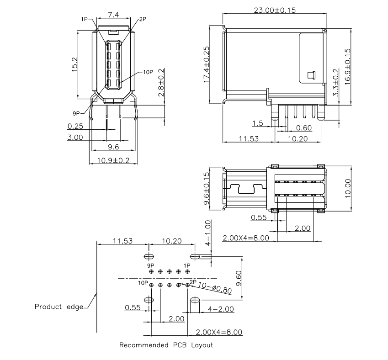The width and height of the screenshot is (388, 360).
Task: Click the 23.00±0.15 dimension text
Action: click(274, 10)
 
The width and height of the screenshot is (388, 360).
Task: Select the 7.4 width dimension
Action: click(113, 15)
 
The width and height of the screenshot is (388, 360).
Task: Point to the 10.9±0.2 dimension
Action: click(113, 160)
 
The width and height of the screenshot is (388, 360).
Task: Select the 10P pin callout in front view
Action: click(148, 72)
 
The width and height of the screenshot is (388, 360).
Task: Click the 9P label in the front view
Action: click(75, 112)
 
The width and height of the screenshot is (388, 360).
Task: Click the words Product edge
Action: click(58, 306)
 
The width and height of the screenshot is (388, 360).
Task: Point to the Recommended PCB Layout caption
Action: click(166, 345)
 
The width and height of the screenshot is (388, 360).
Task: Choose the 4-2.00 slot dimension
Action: click(221, 309)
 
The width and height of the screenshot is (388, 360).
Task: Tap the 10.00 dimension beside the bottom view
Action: click(348, 188)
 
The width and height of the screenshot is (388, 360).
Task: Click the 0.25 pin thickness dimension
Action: click(75, 126)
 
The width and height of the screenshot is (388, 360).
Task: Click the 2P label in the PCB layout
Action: click(192, 282)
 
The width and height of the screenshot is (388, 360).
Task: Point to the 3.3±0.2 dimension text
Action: click(336, 83)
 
